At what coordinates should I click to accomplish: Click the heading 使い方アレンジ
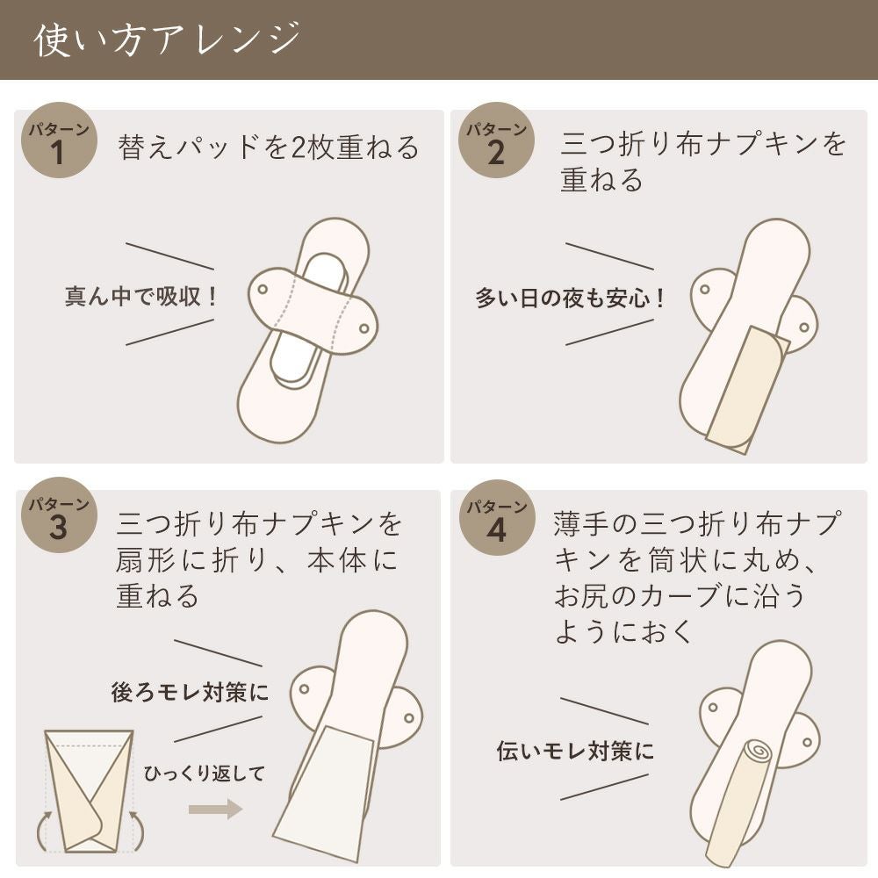[x=167, y=40]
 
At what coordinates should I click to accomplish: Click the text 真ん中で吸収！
[x=141, y=296]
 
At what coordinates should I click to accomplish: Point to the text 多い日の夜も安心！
[x=572, y=298]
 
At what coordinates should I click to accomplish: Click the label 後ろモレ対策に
[x=190, y=692]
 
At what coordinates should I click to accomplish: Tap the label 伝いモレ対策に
[x=575, y=751]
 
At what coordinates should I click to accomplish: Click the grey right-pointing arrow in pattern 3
[x=215, y=809]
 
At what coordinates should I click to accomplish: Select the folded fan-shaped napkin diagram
[x=88, y=790]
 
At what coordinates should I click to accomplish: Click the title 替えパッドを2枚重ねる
[x=269, y=147]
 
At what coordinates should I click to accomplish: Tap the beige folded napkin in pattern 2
[x=741, y=391]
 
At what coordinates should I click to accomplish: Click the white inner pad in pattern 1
[x=294, y=351]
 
